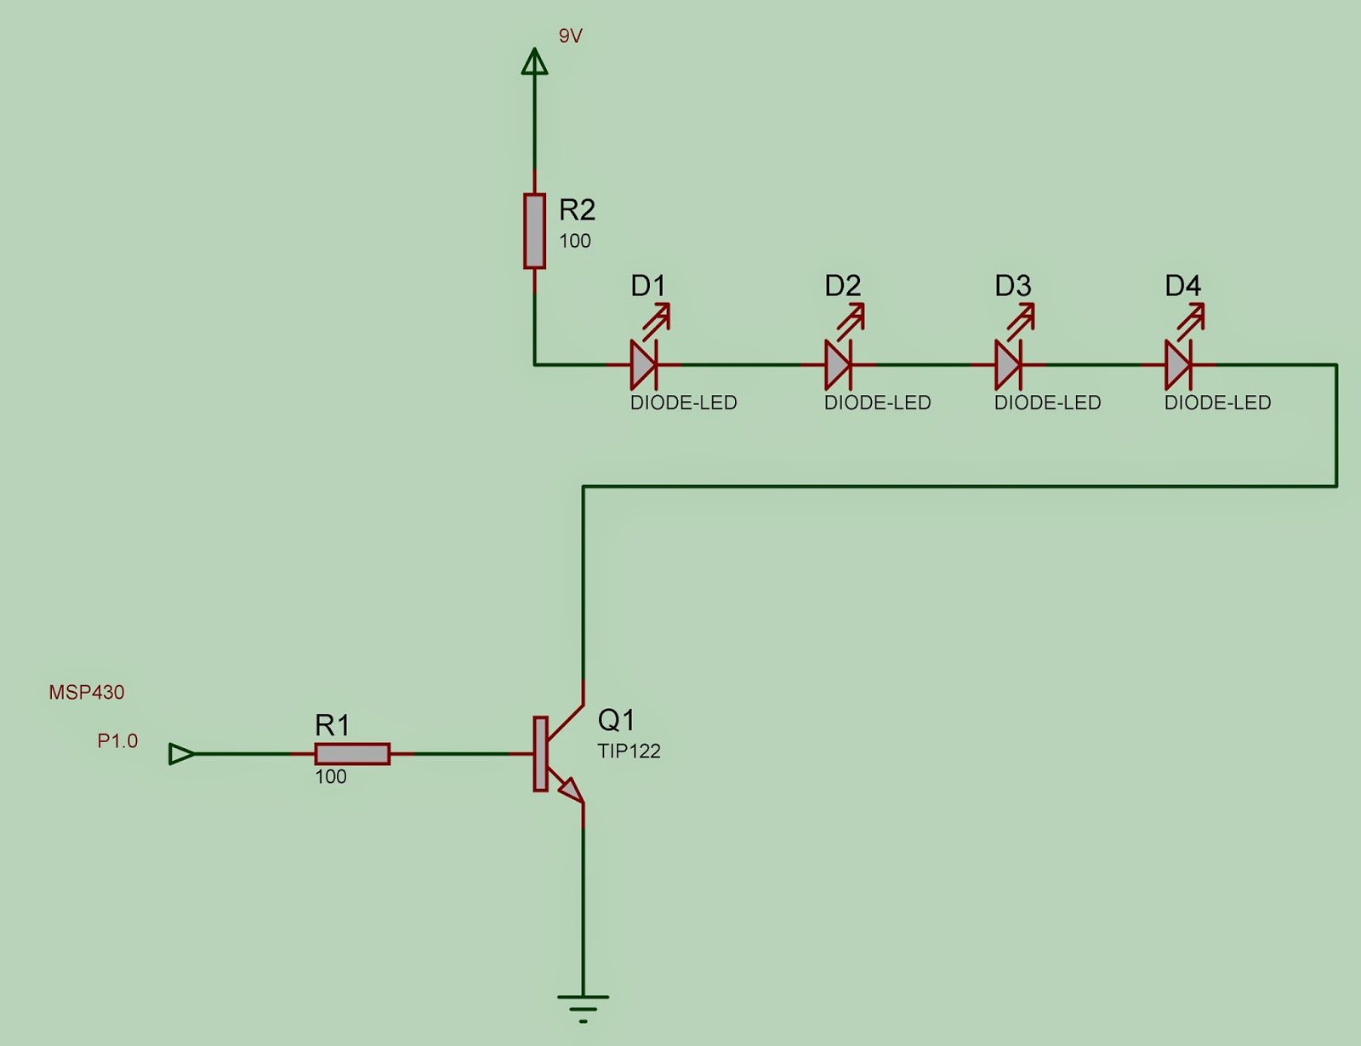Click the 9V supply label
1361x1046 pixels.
(570, 37)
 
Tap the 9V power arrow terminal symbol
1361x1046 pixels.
(534, 61)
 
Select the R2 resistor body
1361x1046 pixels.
(534, 231)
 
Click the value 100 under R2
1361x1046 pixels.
(574, 241)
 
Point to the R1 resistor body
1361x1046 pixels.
(352, 754)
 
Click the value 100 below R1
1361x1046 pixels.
(330, 776)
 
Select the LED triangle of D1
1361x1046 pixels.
(643, 365)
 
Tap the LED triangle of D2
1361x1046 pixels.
(838, 365)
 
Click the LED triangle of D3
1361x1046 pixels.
(1008, 365)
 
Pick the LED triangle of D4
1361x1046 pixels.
(1178, 365)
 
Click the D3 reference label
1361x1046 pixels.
(1013, 286)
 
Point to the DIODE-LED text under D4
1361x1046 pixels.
(1217, 403)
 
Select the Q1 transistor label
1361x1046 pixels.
(616, 720)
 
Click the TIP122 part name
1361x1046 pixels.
(629, 751)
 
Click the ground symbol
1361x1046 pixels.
(583, 1007)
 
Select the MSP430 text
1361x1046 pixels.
(87, 692)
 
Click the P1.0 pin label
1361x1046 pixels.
(117, 741)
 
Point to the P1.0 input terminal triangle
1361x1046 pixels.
(181, 754)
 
